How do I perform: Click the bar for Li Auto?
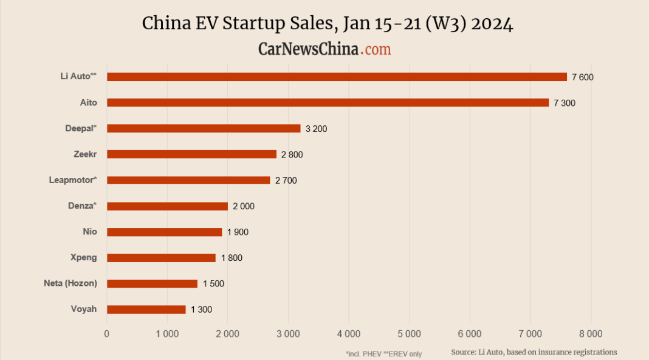tap(337, 77)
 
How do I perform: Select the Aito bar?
tap(328, 103)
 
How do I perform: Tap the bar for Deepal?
tap(204, 128)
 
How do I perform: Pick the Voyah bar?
tap(146, 310)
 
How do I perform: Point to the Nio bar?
tap(165, 232)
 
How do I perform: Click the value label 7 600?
tap(582, 77)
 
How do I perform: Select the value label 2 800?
tap(292, 155)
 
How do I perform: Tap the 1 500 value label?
tap(213, 284)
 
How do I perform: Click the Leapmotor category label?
tap(73, 180)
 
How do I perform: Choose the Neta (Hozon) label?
tap(70, 283)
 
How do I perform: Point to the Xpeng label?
tap(84, 257)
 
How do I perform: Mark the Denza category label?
tap(82, 206)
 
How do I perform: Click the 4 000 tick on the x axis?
tap(348, 333)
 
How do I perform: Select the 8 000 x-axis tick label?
tap(590, 333)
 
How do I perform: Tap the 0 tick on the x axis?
tap(107, 333)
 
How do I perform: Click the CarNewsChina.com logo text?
tap(324, 49)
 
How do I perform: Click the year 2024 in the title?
tap(492, 24)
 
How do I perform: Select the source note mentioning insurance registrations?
tap(534, 352)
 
